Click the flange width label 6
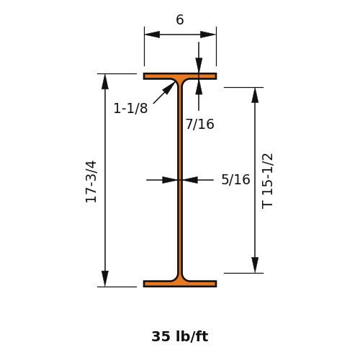tap(180, 19)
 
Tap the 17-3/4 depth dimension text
tap(91, 181)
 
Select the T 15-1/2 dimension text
tap(267, 181)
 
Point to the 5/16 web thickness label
tap(235, 179)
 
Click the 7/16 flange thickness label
tap(200, 125)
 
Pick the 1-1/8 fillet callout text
tap(130, 108)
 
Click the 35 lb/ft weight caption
tap(180, 336)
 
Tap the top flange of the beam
tap(180, 76)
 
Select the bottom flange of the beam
tap(180, 284)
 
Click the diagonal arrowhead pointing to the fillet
tap(169, 88)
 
